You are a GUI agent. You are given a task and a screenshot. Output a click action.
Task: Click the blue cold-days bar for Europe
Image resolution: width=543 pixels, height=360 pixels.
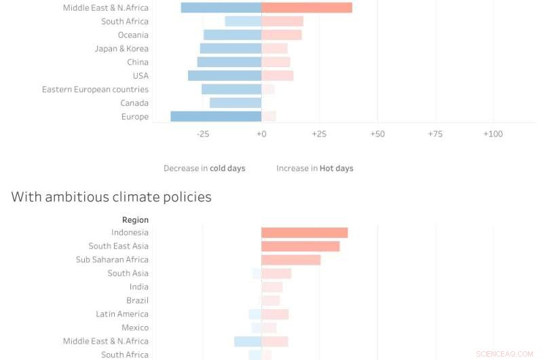[216, 116]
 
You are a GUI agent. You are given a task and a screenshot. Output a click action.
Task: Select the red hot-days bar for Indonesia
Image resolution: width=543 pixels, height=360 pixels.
[304, 232]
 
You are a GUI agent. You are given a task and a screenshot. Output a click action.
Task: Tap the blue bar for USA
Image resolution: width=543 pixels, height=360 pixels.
[225, 75]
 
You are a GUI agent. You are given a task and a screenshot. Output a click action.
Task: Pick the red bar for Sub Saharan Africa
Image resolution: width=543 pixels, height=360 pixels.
[291, 259]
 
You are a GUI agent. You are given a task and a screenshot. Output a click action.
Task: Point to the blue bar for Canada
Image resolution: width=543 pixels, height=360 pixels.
[236, 103]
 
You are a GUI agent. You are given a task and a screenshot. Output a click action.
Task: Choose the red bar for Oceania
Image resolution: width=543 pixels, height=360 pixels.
[282, 35]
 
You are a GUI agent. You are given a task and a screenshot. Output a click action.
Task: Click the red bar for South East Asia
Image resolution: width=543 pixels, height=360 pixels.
[300, 246]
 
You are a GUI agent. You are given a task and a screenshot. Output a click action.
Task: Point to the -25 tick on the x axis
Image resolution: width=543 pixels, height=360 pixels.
[203, 134]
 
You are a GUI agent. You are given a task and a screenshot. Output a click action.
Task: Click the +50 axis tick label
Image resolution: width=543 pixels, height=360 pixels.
[377, 134]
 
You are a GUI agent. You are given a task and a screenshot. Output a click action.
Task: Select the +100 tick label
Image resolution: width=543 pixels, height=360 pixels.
[493, 134]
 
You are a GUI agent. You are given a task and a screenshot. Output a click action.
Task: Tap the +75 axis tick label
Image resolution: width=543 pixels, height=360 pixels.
[435, 134]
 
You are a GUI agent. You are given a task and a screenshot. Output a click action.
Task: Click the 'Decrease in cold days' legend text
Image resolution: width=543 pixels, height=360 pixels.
[204, 168]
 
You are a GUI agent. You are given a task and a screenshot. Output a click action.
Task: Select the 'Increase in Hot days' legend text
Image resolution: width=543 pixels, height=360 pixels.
[314, 168]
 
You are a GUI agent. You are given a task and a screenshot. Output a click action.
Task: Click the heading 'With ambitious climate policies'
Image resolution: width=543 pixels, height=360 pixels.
[111, 197]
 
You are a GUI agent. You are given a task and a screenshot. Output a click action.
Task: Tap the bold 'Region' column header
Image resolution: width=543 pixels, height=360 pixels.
[135, 219]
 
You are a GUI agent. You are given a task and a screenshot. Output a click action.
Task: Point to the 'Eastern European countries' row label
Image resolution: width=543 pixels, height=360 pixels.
[95, 89]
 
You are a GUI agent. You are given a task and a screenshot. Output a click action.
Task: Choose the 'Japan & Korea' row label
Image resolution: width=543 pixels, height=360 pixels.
[121, 48]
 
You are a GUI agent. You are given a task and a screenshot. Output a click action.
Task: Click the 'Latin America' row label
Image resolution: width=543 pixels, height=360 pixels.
[122, 314]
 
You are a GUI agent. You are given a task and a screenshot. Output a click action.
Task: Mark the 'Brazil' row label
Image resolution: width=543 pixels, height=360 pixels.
[137, 300]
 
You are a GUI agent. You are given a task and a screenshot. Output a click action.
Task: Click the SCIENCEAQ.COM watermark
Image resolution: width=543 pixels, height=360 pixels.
[504, 354]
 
